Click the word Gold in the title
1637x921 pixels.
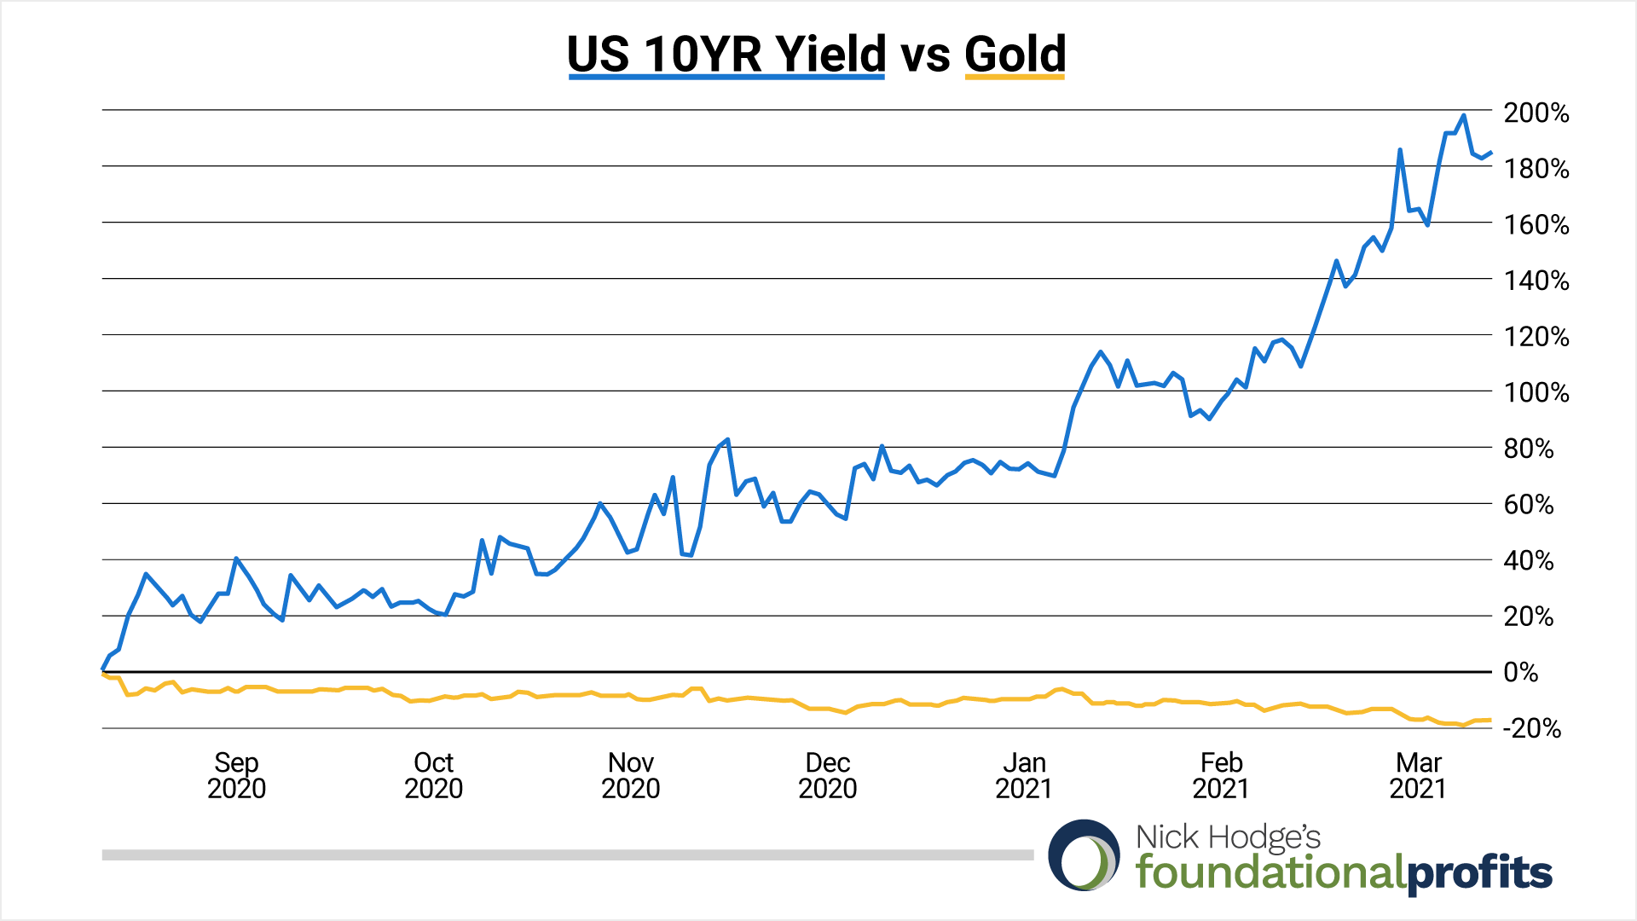point(1015,54)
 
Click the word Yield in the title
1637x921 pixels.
point(831,54)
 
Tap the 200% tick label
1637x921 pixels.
point(1536,113)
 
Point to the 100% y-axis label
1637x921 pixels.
point(1536,392)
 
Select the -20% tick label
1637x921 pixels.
point(1532,728)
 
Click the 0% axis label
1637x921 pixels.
point(1520,672)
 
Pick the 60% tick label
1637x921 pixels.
point(1529,504)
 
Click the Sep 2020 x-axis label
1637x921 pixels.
point(236,774)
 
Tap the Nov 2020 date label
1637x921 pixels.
point(630,774)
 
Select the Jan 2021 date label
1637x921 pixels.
point(1024,774)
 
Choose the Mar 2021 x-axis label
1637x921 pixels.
point(1418,774)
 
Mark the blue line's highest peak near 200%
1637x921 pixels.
point(1464,116)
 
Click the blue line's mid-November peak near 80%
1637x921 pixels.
point(727,440)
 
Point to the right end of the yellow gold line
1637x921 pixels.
point(1489,720)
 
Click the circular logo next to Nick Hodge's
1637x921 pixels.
point(1084,855)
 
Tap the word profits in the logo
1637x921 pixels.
point(1478,873)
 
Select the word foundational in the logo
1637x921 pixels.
point(1270,872)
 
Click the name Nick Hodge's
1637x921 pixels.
point(1228,837)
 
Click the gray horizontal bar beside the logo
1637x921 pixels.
point(567,854)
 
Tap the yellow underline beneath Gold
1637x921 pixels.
point(1015,77)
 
